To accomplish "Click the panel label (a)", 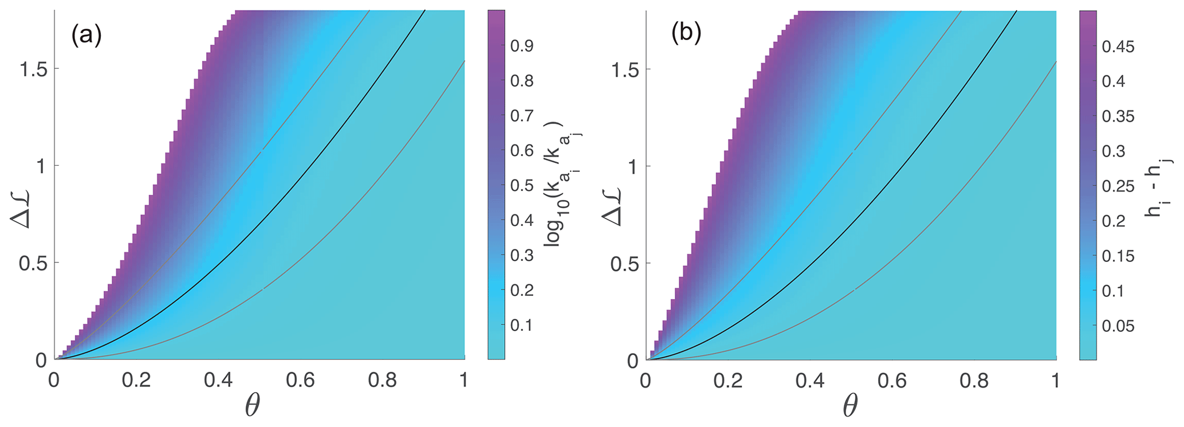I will pyautogui.click(x=86, y=36).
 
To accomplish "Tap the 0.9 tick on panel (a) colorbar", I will pyautogui.click(x=521, y=46).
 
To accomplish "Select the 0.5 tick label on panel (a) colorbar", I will pyautogui.click(x=521, y=186).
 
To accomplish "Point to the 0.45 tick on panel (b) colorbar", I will pyautogui.click(x=1118, y=46).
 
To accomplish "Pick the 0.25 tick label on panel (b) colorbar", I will pyautogui.click(x=1118, y=186).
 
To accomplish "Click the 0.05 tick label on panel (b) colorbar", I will pyautogui.click(x=1118, y=326).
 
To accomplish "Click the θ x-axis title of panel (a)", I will pyautogui.click(x=252, y=407).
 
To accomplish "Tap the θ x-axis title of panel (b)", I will pyautogui.click(x=850, y=407).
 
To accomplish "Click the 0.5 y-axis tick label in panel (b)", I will pyautogui.click(x=624, y=264).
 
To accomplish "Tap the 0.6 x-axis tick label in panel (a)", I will pyautogui.click(x=300, y=381).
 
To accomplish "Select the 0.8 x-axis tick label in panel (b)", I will pyautogui.click(x=974, y=381).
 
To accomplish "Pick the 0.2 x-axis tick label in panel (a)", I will pyautogui.click(x=136, y=381).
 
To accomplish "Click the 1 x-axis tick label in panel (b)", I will pyautogui.click(x=1056, y=381).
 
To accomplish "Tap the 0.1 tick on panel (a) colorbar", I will pyautogui.click(x=521, y=326).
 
